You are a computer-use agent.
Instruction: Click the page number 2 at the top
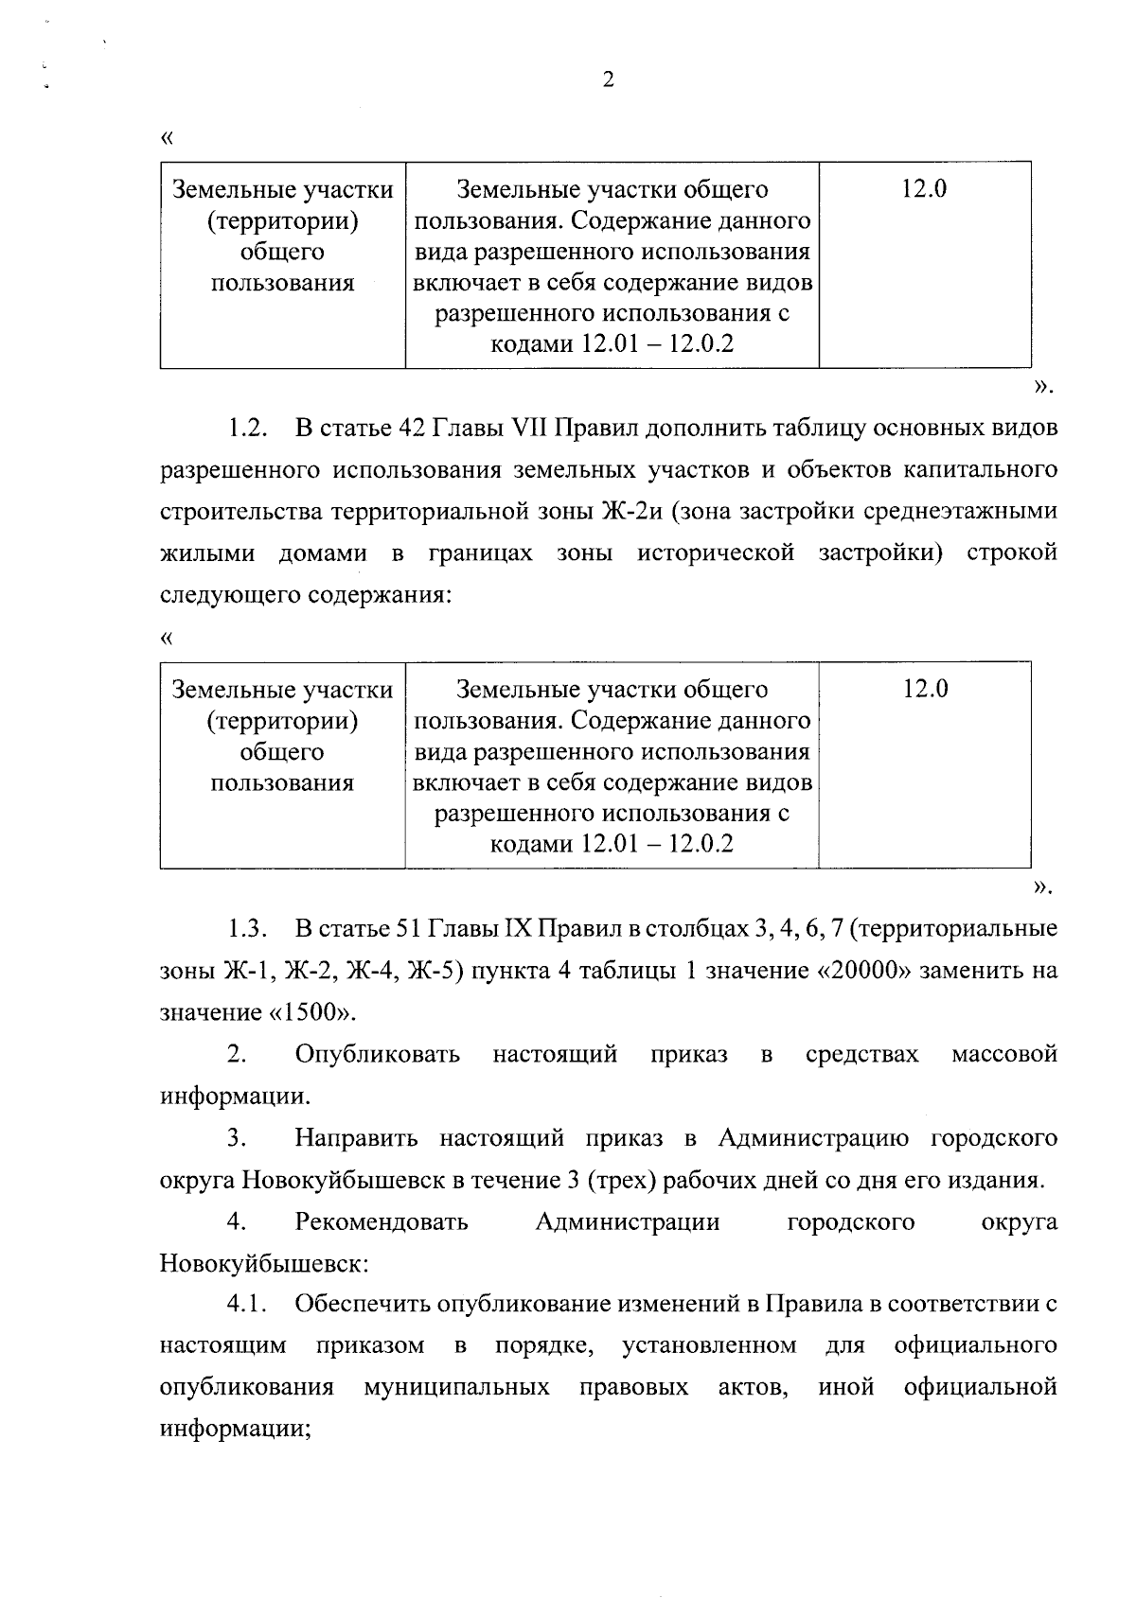tap(608, 80)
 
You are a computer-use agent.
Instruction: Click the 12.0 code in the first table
tap(924, 189)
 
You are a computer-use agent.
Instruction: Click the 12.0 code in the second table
tap(924, 689)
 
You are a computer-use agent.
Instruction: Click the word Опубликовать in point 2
tap(378, 1054)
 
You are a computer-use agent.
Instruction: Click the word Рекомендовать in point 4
tap(382, 1222)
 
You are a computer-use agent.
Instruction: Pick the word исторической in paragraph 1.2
tap(716, 553)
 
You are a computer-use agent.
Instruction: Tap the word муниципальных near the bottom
tap(455, 1387)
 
